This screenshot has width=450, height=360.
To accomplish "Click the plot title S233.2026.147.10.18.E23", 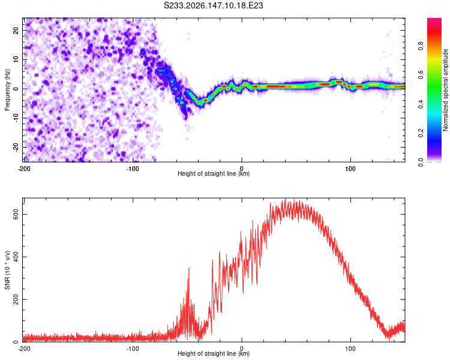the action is [x=213, y=5].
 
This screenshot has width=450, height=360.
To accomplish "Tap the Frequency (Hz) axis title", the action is [x=7, y=90].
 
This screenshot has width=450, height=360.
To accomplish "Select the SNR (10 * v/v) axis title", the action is [x=7, y=270].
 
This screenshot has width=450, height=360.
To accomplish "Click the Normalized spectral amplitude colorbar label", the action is [x=445, y=90].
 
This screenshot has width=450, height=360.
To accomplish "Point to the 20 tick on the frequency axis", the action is [x=16, y=31].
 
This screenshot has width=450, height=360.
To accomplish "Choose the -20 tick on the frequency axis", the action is [x=16, y=147].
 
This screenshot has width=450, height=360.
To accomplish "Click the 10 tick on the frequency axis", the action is [x=16, y=59].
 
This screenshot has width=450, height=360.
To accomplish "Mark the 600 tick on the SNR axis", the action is [x=16, y=214].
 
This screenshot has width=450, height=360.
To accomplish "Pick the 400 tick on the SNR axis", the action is [x=16, y=257].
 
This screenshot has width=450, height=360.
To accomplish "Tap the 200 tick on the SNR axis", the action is [x=16, y=299].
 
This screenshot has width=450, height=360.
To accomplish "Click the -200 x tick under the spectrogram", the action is [x=24, y=169].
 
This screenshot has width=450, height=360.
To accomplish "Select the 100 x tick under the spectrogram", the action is [x=350, y=169].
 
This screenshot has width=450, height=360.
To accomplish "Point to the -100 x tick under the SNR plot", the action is [x=133, y=349].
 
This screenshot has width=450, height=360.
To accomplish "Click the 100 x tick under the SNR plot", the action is [x=350, y=349].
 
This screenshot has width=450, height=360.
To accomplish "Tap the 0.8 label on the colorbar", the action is [x=421, y=46].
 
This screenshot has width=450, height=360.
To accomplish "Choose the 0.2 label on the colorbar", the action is [x=421, y=133].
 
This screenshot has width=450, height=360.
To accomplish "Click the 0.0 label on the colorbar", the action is [x=421, y=162].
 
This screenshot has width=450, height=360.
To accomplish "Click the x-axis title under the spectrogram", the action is [x=214, y=173].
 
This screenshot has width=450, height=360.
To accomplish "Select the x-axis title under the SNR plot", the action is [x=214, y=353].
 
